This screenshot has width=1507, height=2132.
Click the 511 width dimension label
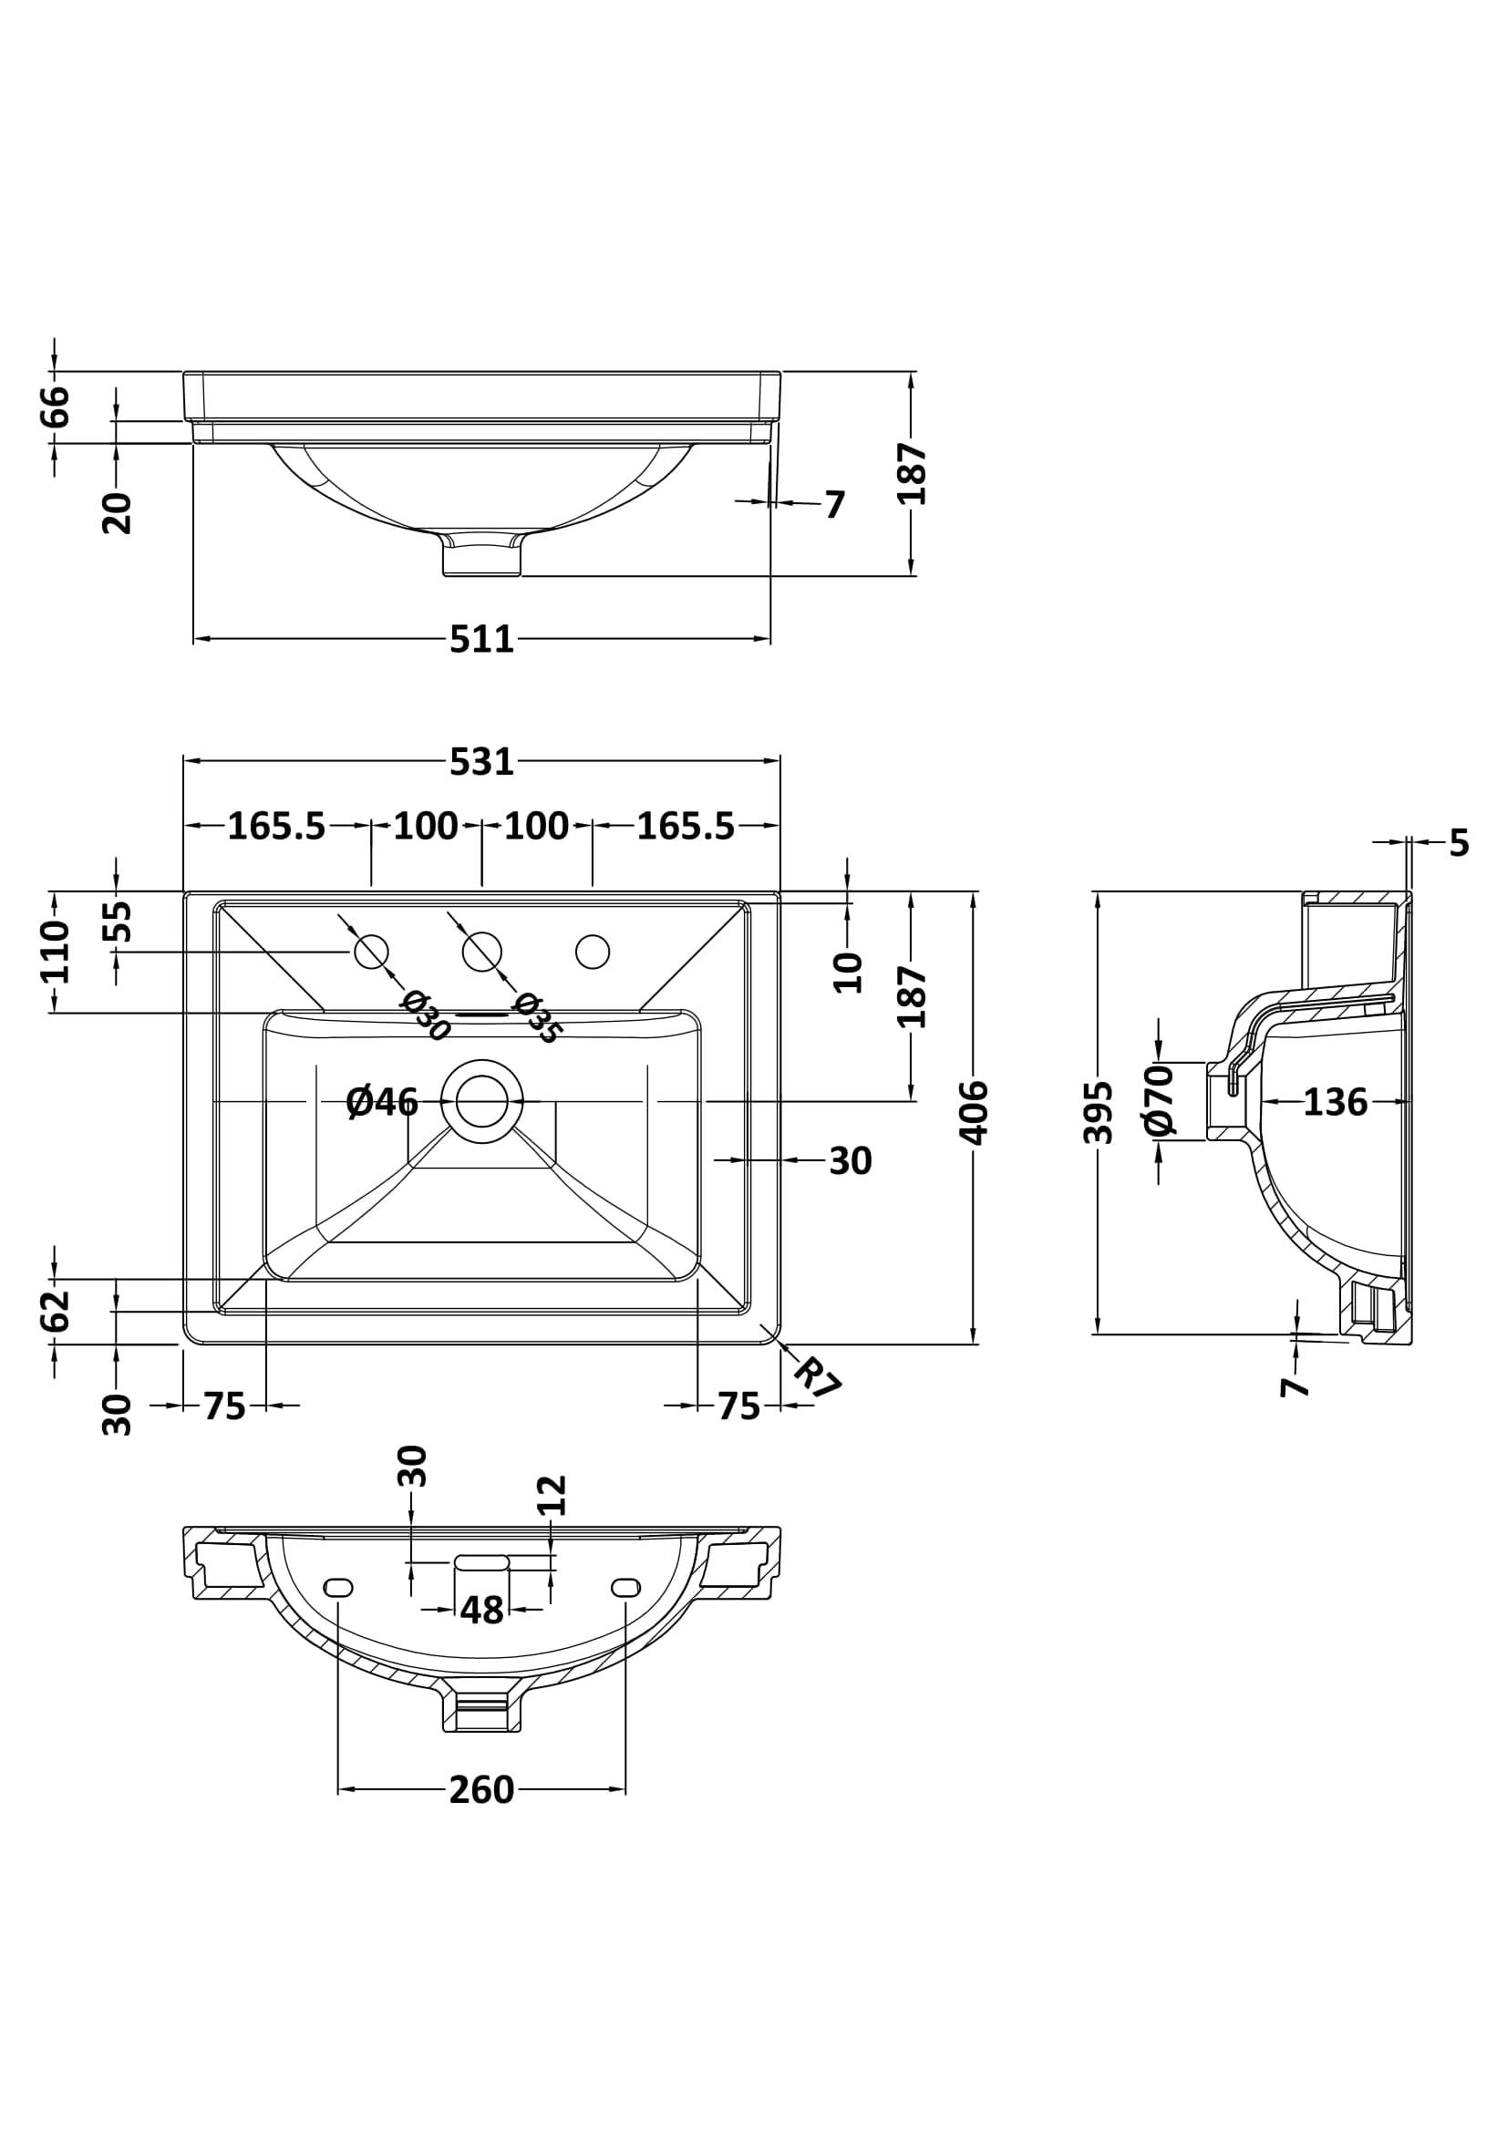(481, 640)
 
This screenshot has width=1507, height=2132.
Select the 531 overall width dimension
(481, 761)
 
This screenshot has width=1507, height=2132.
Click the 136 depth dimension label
(1336, 1102)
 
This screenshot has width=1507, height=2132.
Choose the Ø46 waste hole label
(382, 1102)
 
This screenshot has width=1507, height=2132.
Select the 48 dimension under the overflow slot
(481, 1610)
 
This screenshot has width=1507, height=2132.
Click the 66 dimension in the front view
(56, 406)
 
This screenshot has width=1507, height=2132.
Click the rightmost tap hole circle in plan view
(593, 952)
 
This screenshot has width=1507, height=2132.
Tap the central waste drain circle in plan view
(481, 1101)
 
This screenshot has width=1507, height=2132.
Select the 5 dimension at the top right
(1459, 842)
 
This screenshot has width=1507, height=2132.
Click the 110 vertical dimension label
(56, 952)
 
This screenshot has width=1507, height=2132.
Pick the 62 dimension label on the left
(56, 1310)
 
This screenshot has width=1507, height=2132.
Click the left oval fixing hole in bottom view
(338, 1587)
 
